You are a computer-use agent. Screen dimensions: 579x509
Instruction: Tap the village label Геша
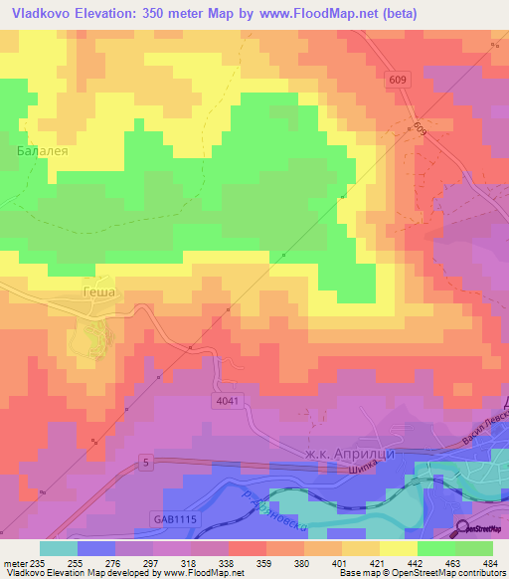[x=98, y=292]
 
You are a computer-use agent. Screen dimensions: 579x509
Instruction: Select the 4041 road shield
[x=228, y=399]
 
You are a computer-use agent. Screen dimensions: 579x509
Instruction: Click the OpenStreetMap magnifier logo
[x=464, y=531]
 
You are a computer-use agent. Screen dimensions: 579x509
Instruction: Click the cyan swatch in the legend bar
[x=59, y=548]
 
